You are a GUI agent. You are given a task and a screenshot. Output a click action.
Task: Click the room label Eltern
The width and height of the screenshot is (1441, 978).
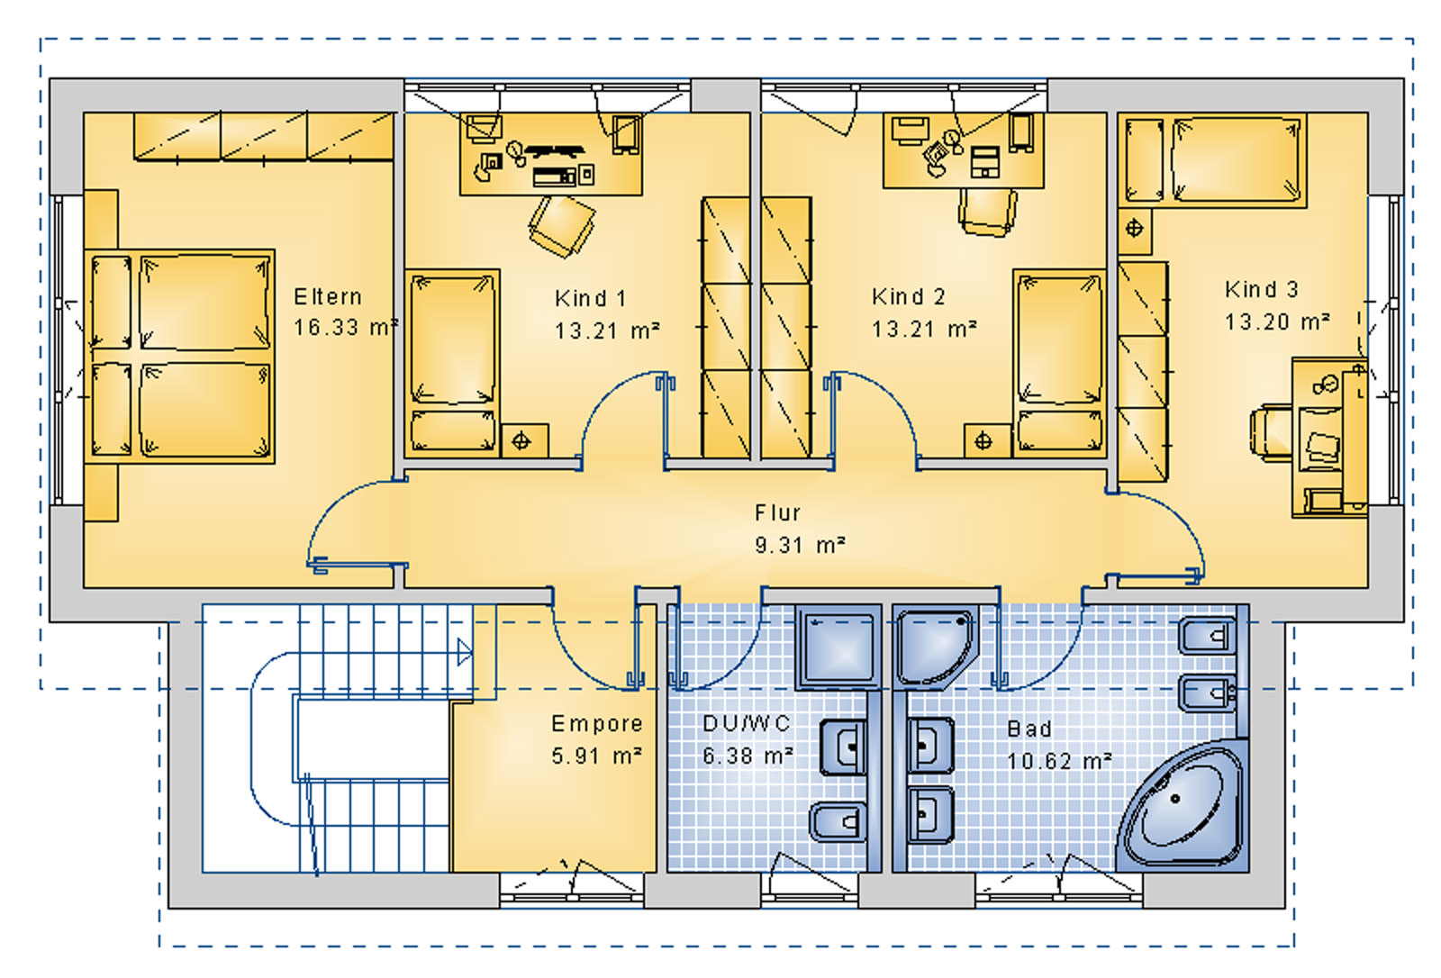[328, 296]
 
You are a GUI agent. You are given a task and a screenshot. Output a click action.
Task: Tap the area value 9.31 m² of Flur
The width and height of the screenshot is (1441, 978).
[799, 545]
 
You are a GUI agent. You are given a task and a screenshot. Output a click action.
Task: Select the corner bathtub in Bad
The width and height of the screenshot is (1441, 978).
[1182, 807]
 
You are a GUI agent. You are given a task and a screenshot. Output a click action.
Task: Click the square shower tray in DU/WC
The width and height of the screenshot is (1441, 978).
[837, 646]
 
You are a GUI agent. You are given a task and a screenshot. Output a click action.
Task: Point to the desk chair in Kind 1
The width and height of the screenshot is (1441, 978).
[561, 225]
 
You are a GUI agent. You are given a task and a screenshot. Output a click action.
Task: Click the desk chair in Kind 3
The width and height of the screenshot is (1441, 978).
[1271, 433]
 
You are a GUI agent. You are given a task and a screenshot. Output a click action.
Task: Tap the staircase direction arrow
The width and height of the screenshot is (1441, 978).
[464, 651]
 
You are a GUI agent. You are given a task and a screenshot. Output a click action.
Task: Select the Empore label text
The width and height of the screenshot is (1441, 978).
[596, 723]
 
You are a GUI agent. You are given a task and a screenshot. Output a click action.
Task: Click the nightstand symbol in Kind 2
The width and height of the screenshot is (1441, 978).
[983, 441]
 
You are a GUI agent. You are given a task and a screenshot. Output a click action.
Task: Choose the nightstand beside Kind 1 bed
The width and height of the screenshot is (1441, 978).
[521, 441]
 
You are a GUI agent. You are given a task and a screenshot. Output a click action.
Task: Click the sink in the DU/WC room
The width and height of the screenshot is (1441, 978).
[844, 747]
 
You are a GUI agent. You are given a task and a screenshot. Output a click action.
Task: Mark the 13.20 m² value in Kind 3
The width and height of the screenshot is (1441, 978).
[1276, 321]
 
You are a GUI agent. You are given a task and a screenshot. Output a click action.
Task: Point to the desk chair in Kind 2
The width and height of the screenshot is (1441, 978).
[987, 213]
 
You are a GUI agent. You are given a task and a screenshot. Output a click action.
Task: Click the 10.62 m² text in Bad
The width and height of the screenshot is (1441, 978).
[1058, 761]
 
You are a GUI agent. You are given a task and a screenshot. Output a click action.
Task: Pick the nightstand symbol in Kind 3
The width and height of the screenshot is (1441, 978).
[1134, 228]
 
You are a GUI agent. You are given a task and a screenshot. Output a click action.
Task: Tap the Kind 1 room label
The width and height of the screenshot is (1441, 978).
[590, 297]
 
